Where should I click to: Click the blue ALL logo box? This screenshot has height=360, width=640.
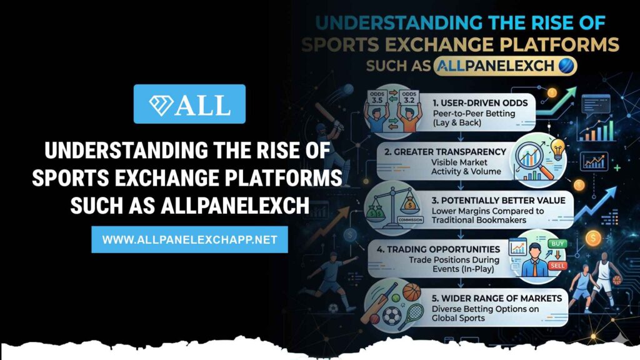coord(189,104)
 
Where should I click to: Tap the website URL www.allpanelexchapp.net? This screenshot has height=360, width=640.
coord(190,239)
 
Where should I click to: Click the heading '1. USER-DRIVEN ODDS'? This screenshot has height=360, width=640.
coord(480,103)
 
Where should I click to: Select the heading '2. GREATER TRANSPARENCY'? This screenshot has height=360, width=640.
coord(445,152)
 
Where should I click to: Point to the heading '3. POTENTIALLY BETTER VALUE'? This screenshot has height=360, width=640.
coord(498,201)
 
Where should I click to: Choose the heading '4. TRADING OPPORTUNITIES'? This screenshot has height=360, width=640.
coord(438,249)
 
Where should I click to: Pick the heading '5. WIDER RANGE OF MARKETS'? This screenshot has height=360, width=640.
coord(497,298)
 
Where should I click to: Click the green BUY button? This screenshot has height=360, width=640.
coord(557,244)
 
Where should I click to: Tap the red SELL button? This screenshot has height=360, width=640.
coord(557,265)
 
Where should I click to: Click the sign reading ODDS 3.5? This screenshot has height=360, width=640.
coord(377,97)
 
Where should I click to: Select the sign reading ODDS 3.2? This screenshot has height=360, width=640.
coord(409,97)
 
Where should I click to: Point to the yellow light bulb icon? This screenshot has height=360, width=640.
coord(557,149)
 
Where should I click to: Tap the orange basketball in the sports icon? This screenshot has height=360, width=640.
coord(411,292)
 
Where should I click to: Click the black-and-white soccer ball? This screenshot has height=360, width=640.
coord(392,316)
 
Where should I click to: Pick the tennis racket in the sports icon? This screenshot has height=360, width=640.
coord(412,316)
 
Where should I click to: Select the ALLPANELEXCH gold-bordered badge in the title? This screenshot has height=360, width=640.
coord(504,66)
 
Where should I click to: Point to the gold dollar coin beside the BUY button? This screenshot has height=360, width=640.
coord(592,238)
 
